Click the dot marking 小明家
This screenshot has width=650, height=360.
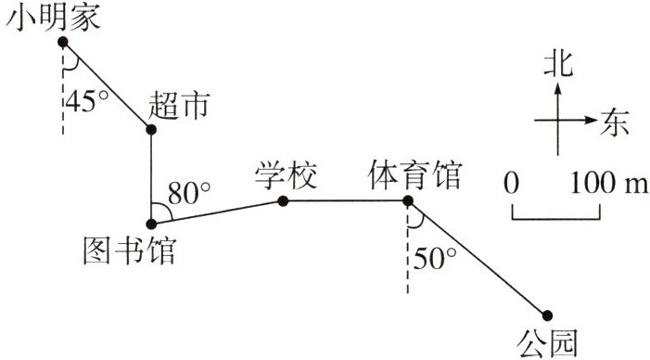tap(63, 42)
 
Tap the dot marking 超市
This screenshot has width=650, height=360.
tap(151, 129)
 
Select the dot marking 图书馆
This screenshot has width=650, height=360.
tap(151, 225)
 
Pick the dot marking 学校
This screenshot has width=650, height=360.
tap(283, 201)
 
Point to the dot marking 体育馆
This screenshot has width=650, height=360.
tap(408, 201)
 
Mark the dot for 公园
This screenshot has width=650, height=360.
tap(547, 315)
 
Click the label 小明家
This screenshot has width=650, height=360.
tap(53, 18)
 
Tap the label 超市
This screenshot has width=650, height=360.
tap(179, 105)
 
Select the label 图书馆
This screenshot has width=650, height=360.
tap(130, 251)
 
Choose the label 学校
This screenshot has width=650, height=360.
tap(286, 175)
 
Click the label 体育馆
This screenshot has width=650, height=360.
tap(415, 175)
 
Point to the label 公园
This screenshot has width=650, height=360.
tap(547, 343)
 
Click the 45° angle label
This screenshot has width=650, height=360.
tap(87, 100)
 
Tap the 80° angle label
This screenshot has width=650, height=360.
tap(189, 193)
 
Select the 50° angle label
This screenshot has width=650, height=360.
tap(435, 258)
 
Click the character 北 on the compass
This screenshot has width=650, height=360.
tap(558, 64)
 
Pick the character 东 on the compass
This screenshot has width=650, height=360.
tap(615, 122)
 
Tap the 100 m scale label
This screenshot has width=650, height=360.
tap(609, 183)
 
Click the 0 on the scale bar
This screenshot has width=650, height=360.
tap(511, 183)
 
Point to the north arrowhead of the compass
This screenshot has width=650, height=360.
tap(558, 88)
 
